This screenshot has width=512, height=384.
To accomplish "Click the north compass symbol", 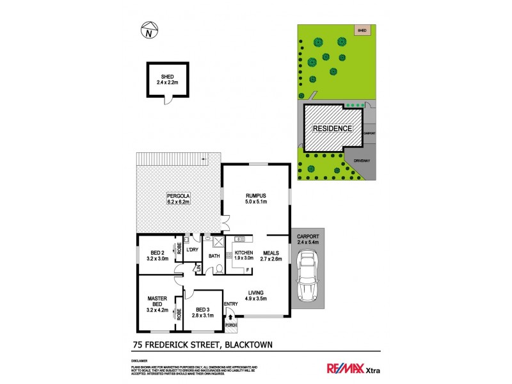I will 149,30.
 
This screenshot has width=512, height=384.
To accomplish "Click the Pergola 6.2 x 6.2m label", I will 180,198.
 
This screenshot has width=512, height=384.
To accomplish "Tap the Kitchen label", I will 244,256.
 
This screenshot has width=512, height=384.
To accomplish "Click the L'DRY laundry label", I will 192,250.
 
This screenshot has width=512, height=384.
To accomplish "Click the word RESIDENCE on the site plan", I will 332,128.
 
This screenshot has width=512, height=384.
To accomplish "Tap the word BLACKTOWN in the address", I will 247,345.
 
